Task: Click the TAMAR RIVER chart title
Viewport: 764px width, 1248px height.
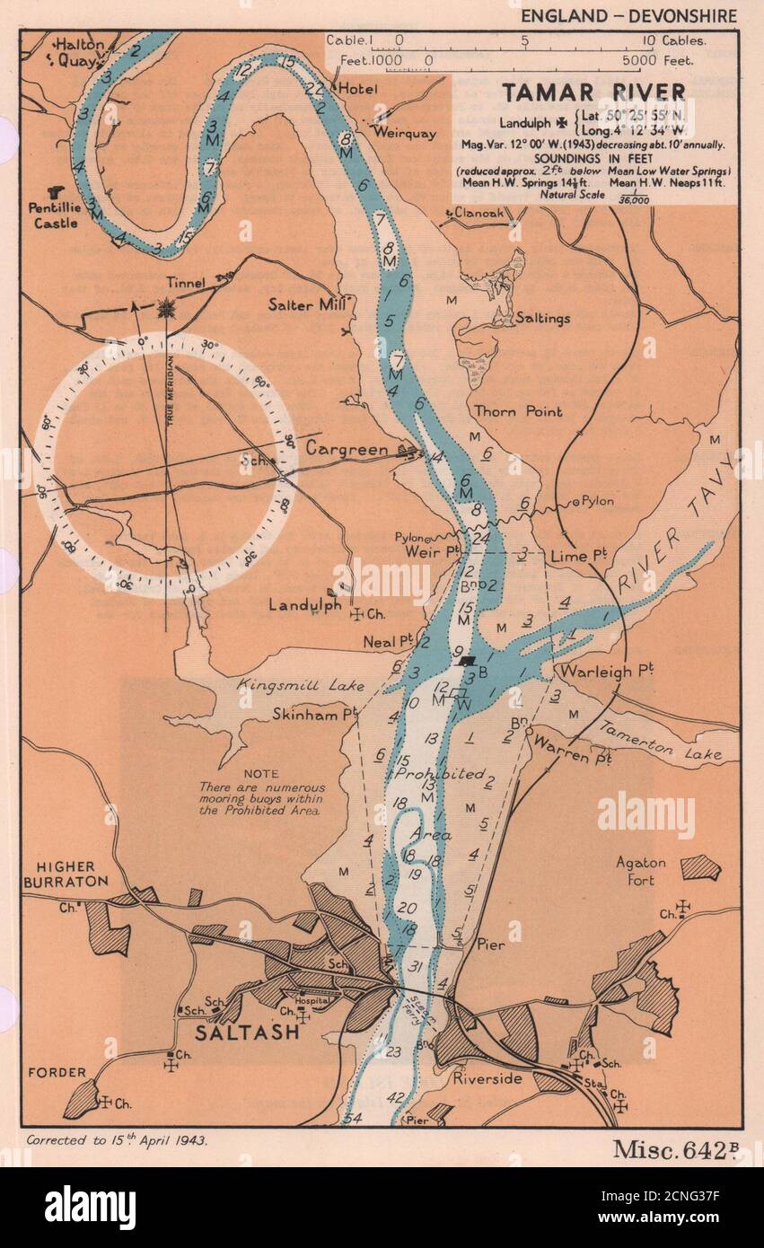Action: (593, 92)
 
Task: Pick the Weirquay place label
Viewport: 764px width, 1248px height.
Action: (404, 133)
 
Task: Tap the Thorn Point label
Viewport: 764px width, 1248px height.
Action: (518, 412)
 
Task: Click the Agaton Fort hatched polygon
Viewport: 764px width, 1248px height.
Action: (700, 867)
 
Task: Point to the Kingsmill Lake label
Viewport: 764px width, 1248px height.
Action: (301, 686)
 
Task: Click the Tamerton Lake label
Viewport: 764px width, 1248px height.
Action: (661, 742)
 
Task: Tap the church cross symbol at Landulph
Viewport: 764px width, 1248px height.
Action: (356, 615)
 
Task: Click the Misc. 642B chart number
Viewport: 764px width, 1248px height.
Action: (675, 1148)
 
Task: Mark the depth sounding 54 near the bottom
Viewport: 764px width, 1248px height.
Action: (352, 1118)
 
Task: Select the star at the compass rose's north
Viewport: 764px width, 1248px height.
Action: (166, 309)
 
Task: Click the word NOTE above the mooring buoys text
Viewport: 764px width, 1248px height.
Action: (260, 773)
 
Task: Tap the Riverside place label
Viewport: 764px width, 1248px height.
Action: (487, 1079)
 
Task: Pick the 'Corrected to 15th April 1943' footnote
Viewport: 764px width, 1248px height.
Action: (117, 1140)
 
